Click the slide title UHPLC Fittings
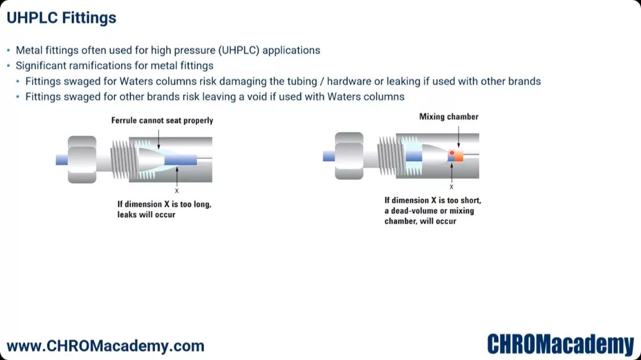(x=61, y=18)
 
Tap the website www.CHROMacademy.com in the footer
(x=106, y=346)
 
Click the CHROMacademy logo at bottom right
(x=560, y=344)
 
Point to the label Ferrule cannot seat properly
(x=162, y=120)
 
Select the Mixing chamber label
(x=449, y=117)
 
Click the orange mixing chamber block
(x=458, y=156)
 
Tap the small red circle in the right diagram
(x=452, y=153)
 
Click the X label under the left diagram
(x=177, y=191)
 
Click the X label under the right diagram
(x=451, y=187)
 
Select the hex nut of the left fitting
(x=82, y=160)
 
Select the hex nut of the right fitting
(x=349, y=156)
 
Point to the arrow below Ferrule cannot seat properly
(x=158, y=139)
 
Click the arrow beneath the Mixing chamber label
(x=458, y=136)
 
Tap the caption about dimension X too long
(x=164, y=209)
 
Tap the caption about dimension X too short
(x=433, y=211)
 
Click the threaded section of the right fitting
(x=391, y=156)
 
